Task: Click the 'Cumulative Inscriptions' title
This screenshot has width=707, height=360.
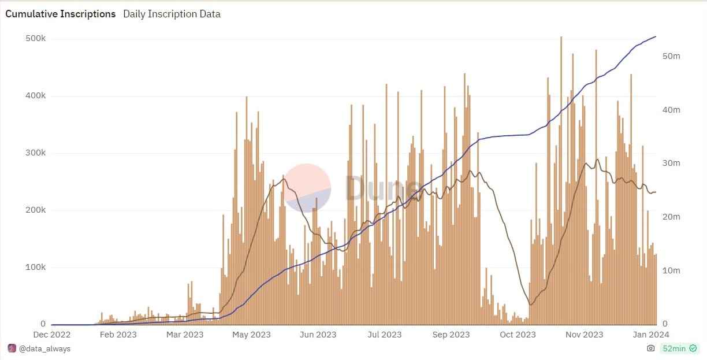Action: pos(61,14)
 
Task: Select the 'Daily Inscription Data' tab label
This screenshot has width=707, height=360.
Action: pos(172,14)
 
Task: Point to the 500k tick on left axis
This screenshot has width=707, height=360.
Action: pos(36,39)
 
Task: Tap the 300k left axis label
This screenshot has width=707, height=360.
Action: pos(36,153)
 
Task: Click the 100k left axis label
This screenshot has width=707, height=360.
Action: pos(36,268)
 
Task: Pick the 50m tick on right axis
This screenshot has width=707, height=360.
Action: pos(671,56)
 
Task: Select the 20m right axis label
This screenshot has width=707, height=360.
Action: pos(671,217)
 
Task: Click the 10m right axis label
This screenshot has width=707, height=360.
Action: pos(671,270)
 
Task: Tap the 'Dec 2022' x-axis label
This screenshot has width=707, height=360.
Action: pos(52,335)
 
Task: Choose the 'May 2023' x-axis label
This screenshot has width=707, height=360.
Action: pos(252,335)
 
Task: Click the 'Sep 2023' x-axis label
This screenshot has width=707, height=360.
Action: pos(451,335)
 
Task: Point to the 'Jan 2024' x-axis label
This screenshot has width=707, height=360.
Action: pos(650,335)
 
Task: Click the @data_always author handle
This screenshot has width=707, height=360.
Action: pos(45,348)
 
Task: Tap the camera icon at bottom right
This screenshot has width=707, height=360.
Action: pos(651,348)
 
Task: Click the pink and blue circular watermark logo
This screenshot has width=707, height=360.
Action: pos(308,188)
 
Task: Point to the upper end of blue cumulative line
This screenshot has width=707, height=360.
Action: pos(656,36)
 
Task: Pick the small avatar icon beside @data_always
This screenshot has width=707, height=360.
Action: pos(12,348)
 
